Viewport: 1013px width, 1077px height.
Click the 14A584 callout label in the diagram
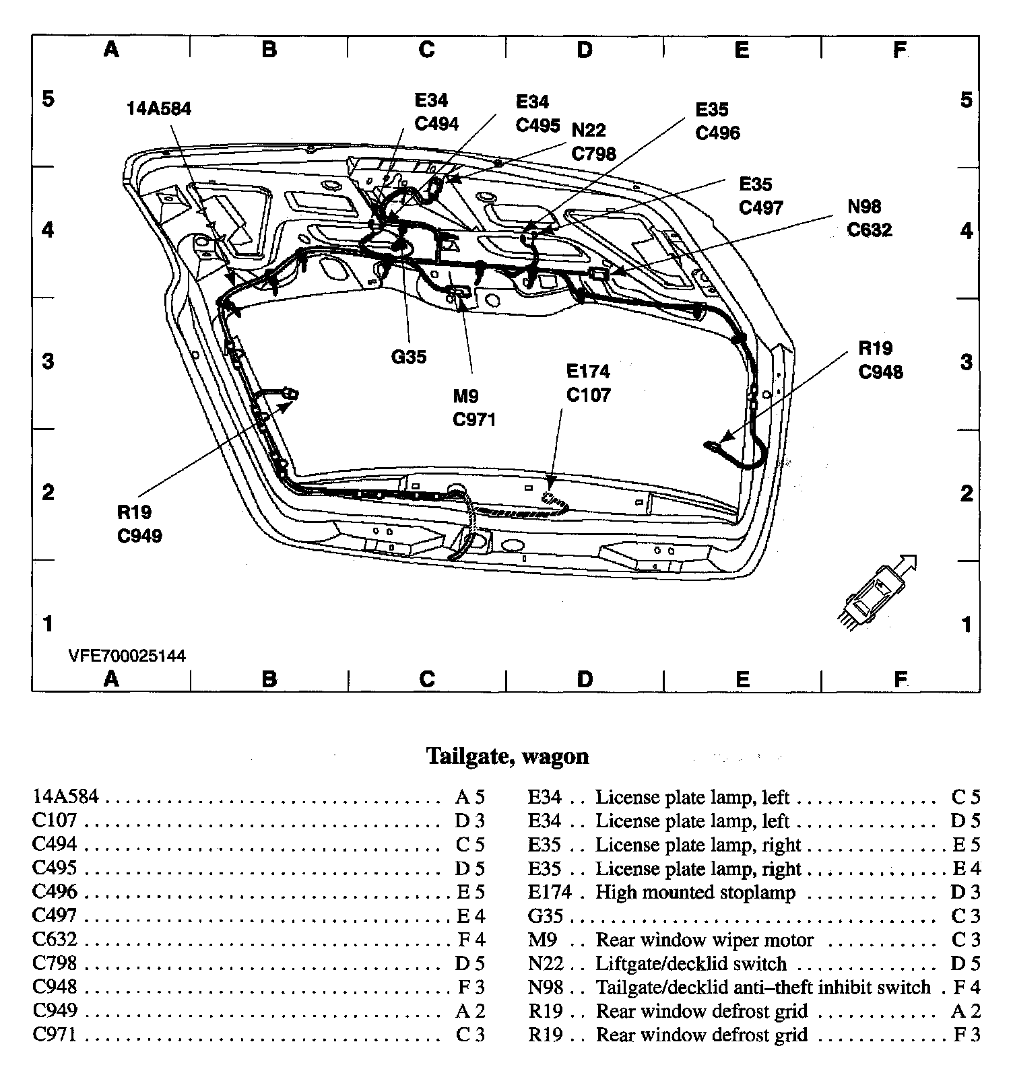point(159,109)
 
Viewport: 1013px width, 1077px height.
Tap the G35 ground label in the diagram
point(409,357)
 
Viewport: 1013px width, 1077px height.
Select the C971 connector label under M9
point(474,420)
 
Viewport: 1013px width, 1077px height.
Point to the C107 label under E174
point(588,395)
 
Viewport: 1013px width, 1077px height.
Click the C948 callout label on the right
point(880,372)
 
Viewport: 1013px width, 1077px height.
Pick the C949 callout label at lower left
point(139,536)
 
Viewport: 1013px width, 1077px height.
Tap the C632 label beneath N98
point(869,230)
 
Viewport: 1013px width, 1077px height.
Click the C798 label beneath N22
point(593,154)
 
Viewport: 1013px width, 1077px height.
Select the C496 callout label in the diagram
point(717,133)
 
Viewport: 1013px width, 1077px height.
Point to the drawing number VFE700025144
point(127,656)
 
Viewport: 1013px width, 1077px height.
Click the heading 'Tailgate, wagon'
point(508,756)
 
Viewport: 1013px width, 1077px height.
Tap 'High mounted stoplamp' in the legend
point(695,893)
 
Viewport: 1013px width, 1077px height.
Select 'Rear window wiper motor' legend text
point(705,940)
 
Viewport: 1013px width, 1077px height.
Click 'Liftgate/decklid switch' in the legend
point(691,964)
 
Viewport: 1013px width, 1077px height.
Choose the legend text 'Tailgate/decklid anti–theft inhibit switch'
point(763,987)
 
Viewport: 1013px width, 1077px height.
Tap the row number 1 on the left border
point(48,624)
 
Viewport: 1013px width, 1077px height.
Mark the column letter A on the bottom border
point(111,679)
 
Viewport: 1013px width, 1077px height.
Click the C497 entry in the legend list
point(55,915)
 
